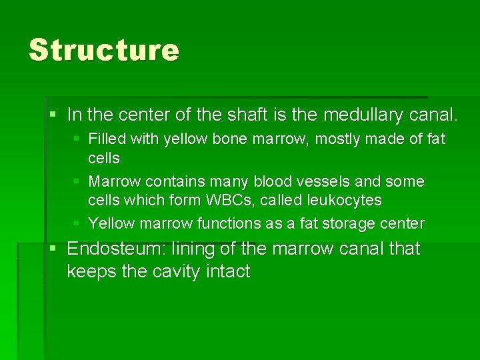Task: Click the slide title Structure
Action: (104, 50)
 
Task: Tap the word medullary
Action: (363, 115)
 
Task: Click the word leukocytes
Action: (343, 200)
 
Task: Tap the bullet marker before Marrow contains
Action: (76, 181)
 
